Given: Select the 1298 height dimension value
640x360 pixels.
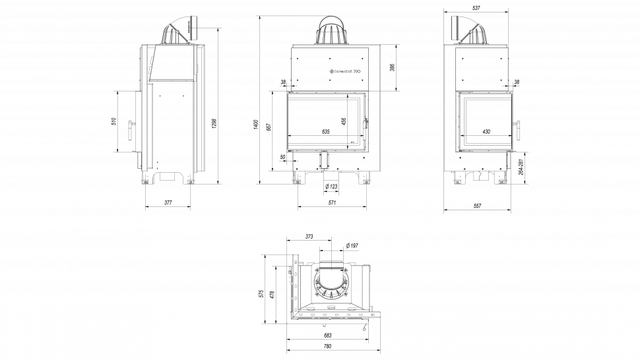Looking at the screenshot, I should [x=214, y=123].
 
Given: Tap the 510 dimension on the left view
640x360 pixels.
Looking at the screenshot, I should [x=113, y=122].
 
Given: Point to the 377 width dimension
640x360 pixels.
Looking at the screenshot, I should [x=168, y=203].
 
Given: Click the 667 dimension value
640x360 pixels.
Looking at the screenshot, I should [x=269, y=128].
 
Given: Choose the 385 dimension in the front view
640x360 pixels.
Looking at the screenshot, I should [x=391, y=68].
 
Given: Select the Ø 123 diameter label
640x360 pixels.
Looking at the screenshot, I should [x=331, y=187].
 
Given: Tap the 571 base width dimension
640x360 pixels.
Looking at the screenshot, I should [x=333, y=203].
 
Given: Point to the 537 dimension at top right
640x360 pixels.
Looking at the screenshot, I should [x=476, y=8].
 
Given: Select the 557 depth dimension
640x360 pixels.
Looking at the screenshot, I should [x=477, y=206].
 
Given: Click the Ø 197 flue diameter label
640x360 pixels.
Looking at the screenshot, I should [x=352, y=246].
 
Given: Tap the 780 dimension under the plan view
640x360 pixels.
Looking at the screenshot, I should [x=327, y=346].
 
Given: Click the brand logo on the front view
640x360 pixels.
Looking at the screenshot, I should [x=344, y=70].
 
